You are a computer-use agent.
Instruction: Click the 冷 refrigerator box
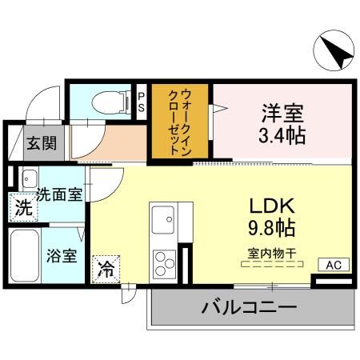pos(106,269)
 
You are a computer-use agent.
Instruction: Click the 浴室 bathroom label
pos(61,256)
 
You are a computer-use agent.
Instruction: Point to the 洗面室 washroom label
pos(60,194)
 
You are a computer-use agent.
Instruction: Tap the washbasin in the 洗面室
pos(30,178)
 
